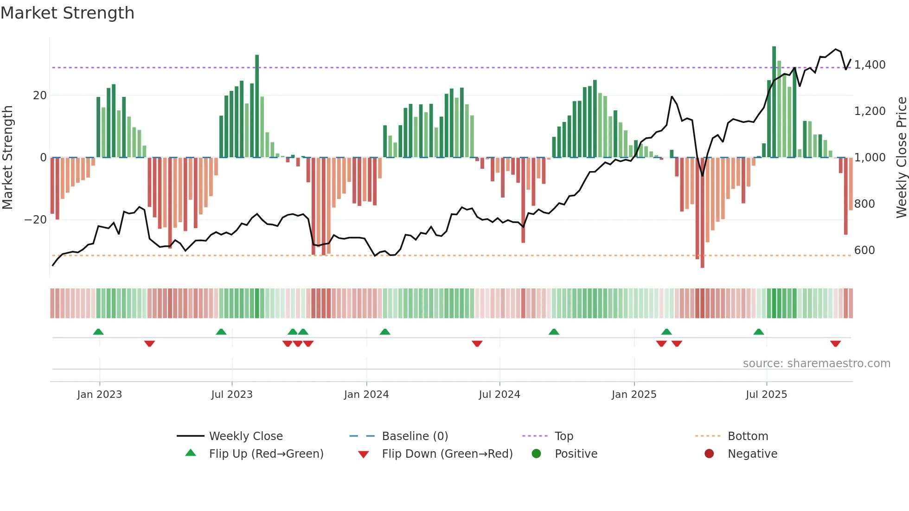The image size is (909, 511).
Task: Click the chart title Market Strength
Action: pyautogui.click(x=67, y=13)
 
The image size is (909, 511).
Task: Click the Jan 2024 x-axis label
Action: pyautogui.click(x=366, y=395)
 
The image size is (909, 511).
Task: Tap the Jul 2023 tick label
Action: pyautogui.click(x=232, y=395)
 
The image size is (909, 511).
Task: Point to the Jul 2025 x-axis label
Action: pyautogui.click(x=766, y=395)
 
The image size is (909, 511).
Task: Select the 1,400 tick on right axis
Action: pyautogui.click(x=870, y=65)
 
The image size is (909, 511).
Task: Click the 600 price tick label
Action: pyautogui.click(x=864, y=250)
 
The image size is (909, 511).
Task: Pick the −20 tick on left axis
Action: pyautogui.click(x=36, y=220)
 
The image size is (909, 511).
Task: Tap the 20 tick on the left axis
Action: pyautogui.click(x=40, y=96)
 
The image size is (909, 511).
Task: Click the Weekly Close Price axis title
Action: pyautogui.click(x=901, y=158)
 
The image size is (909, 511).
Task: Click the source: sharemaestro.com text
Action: pyautogui.click(x=816, y=364)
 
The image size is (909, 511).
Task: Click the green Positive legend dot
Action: pyautogui.click(x=537, y=454)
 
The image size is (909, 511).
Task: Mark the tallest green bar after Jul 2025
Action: pyautogui.click(x=774, y=102)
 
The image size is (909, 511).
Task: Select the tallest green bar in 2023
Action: pyautogui.click(x=257, y=107)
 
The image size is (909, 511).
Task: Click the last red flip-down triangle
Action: pyautogui.click(x=835, y=344)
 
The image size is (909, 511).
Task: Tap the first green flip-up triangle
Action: pyautogui.click(x=98, y=332)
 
